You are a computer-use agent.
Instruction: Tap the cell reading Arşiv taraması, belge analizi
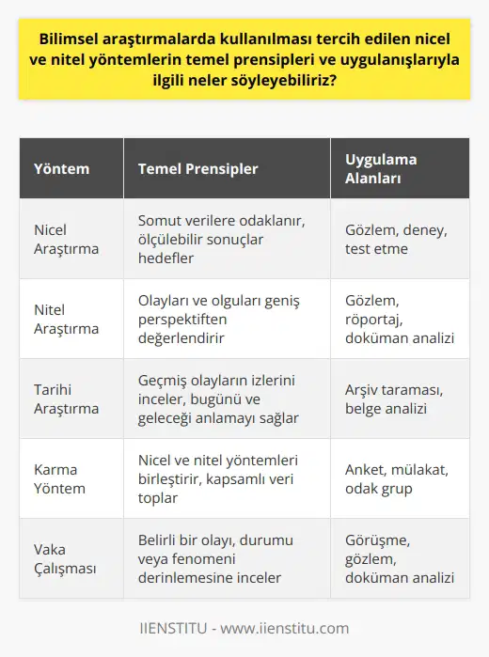pyautogui.click(x=388, y=399)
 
